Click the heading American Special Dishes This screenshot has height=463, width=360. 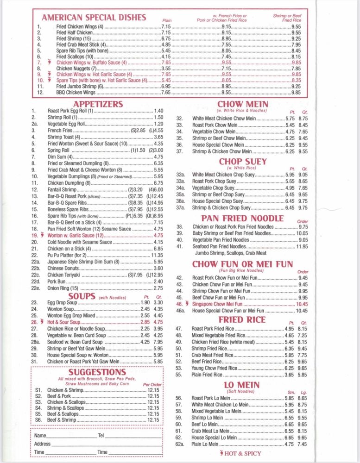click(94, 18)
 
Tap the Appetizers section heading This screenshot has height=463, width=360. click(98, 104)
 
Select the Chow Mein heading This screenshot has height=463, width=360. click(242, 104)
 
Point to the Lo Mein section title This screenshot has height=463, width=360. click(241, 385)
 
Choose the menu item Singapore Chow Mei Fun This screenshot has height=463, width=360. click(217, 304)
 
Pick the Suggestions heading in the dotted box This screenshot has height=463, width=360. click(97, 372)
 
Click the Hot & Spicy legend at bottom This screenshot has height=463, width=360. click(242, 453)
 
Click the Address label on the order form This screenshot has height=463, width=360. click(42, 444)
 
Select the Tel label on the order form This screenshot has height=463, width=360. click(101, 436)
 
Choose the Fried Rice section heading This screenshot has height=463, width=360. click(242, 320)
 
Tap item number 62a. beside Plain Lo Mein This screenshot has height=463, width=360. click(180, 444)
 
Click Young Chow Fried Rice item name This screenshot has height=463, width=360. click(215, 368)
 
